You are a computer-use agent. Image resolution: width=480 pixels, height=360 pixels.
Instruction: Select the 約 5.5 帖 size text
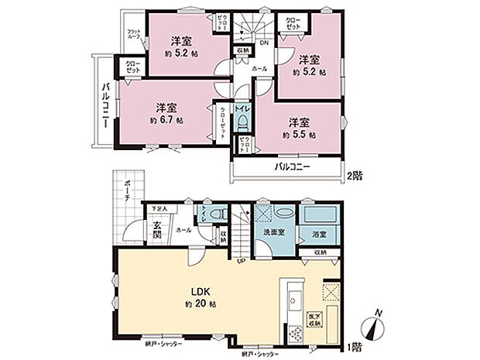pyautogui.click(x=299, y=134)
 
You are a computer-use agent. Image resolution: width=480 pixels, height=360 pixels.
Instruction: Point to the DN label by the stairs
pyautogui.click(x=264, y=43)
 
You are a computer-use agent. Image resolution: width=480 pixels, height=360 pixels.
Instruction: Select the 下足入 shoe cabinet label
pyautogui.click(x=159, y=207)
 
